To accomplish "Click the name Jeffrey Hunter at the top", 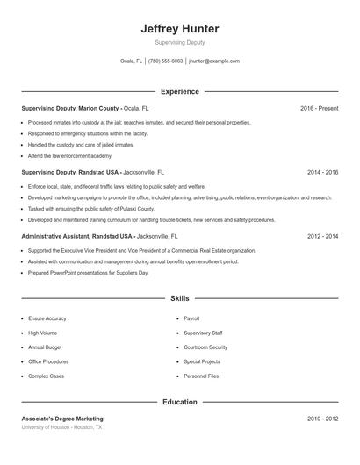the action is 179,29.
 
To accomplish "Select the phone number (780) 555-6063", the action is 166,61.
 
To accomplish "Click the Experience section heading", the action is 179,91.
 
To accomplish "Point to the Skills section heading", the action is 179,298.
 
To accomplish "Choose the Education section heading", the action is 179,402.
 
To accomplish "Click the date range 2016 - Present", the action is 319,108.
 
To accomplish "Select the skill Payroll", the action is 191,318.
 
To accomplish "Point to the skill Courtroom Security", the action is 205,347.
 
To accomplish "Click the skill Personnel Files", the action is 201,376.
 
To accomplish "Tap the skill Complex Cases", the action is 47,376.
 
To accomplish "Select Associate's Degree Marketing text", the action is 62,419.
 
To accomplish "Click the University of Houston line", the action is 61,427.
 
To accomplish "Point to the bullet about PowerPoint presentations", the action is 88,273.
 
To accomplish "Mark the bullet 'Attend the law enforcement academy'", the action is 70,155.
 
